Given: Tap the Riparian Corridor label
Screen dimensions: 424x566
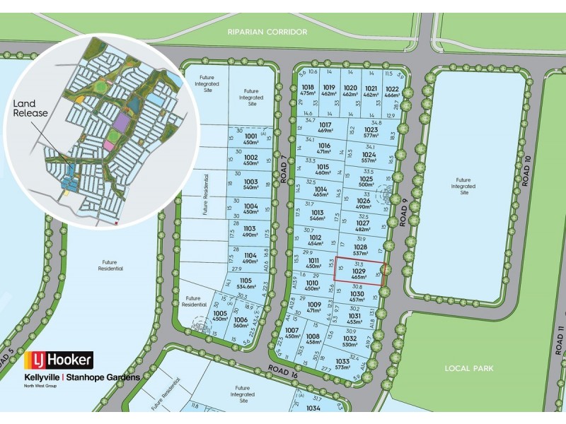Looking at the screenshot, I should [267, 32].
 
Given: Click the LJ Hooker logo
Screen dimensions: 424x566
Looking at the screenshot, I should [59, 360].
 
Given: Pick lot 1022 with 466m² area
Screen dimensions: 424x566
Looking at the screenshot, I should [392, 91].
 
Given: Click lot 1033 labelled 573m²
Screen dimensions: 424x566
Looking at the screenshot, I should [343, 365].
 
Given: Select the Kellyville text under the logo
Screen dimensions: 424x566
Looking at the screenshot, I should [43, 377].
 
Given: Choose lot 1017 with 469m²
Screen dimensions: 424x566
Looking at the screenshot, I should [325, 128].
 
